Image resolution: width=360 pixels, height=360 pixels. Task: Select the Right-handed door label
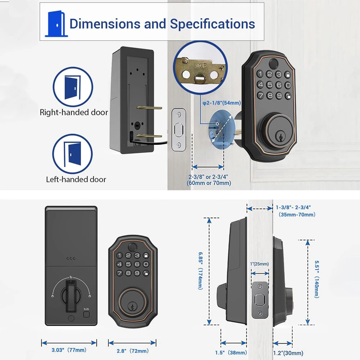[x=74, y=112]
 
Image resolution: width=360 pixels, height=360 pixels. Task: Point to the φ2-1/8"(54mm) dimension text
[x=221, y=103]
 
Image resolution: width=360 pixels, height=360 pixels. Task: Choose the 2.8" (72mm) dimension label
[x=132, y=350]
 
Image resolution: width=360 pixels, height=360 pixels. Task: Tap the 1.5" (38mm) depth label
[x=233, y=352]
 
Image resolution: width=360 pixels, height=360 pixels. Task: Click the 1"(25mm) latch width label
[x=260, y=264]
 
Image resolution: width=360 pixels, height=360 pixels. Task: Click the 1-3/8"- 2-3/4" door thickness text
[x=293, y=207]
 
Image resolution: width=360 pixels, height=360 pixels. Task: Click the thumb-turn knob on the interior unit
[x=71, y=296]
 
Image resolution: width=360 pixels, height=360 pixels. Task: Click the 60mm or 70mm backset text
[x=209, y=183]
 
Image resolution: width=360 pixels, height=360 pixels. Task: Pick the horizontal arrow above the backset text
[x=208, y=167]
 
